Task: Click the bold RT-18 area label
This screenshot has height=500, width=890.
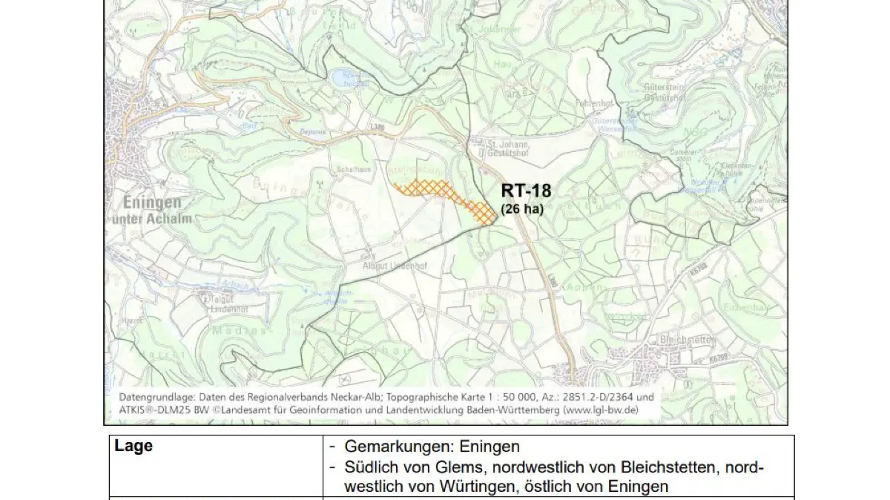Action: pyautogui.click(x=526, y=191)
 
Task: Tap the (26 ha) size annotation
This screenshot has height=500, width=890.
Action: pyautogui.click(x=522, y=209)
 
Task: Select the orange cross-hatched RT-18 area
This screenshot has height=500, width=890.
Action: pyautogui.click(x=445, y=195)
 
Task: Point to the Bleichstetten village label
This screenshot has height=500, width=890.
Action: pyautogui.click(x=685, y=339)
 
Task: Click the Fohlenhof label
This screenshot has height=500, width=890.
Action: pyautogui.click(x=593, y=104)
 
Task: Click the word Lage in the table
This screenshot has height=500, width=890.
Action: pyautogui.click(x=133, y=446)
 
